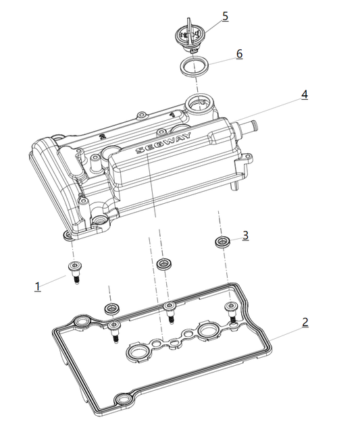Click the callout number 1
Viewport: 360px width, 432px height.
(x=38, y=286)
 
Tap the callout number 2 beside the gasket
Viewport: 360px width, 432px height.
(x=305, y=321)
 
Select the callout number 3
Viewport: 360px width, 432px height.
(x=245, y=235)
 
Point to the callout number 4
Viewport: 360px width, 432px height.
(x=305, y=94)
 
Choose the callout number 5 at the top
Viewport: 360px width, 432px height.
(x=225, y=16)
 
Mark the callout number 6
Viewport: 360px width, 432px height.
(x=239, y=53)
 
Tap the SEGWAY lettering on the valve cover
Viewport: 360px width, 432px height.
(x=163, y=143)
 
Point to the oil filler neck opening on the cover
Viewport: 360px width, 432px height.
(x=197, y=104)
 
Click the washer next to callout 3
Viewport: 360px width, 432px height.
(x=221, y=241)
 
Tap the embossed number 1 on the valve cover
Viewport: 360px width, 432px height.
(x=174, y=115)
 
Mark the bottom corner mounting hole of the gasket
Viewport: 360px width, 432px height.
(x=123, y=403)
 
